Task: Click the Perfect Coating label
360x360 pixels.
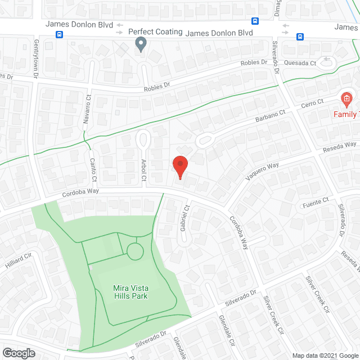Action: (155, 31)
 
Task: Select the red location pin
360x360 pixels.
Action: (179, 167)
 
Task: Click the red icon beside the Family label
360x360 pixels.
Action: (346, 100)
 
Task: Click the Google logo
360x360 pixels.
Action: (19, 353)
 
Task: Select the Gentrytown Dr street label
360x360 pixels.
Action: (37, 58)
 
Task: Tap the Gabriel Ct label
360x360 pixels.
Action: (182, 217)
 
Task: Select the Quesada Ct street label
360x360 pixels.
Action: (300, 64)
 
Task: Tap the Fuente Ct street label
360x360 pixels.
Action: (316, 202)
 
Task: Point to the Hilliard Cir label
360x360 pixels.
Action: (16, 260)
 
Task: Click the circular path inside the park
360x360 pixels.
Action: (135, 251)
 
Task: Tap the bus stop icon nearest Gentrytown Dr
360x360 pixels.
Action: (59, 35)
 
